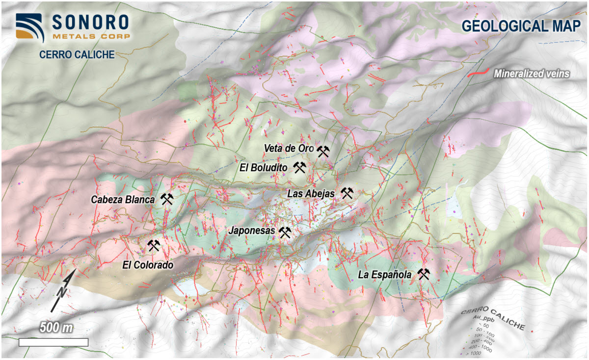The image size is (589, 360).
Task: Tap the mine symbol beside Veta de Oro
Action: (322, 151)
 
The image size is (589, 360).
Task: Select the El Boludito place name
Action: (263, 168)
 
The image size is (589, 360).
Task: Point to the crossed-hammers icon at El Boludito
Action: (300, 168)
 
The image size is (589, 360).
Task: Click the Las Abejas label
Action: (311, 194)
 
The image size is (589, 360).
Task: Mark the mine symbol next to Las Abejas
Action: (347, 193)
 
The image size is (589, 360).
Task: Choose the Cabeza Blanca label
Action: (123, 200)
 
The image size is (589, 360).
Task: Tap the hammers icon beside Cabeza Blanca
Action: (167, 199)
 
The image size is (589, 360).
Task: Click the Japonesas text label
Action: (252, 230)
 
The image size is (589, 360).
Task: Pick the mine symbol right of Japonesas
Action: (285, 232)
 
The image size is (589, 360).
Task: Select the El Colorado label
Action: (148, 265)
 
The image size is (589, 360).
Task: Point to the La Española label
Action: (384, 275)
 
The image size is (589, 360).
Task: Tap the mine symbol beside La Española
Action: (423, 274)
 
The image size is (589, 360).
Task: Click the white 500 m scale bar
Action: (54, 342)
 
